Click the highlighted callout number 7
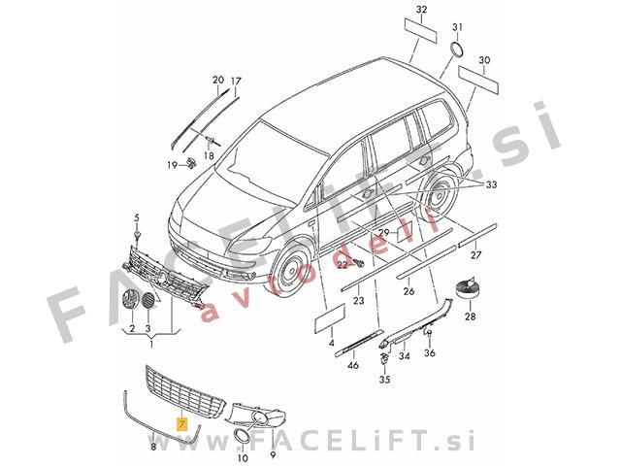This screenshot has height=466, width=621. pyautogui.click(x=182, y=425)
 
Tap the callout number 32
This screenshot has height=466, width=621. pyautogui.click(x=422, y=10)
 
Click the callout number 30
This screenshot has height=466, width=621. pyautogui.click(x=484, y=60)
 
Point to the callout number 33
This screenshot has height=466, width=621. pyautogui.click(x=491, y=184)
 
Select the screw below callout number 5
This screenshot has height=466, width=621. pyautogui.click(x=137, y=236)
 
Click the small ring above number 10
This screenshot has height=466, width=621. pyautogui.click(x=242, y=436)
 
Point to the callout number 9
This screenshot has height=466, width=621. pyautogui.click(x=273, y=454)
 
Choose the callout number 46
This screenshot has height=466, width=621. pyautogui.click(x=353, y=364)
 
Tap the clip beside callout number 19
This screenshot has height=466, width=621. pyautogui.click(x=191, y=163)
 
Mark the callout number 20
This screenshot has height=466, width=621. pyautogui.click(x=217, y=80)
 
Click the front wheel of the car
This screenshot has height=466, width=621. pyautogui.click(x=293, y=270)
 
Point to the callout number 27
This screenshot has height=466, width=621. pyautogui.click(x=475, y=254)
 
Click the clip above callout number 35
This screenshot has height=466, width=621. pyautogui.click(x=384, y=358)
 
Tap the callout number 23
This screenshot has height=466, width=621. pyautogui.click(x=358, y=301)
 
